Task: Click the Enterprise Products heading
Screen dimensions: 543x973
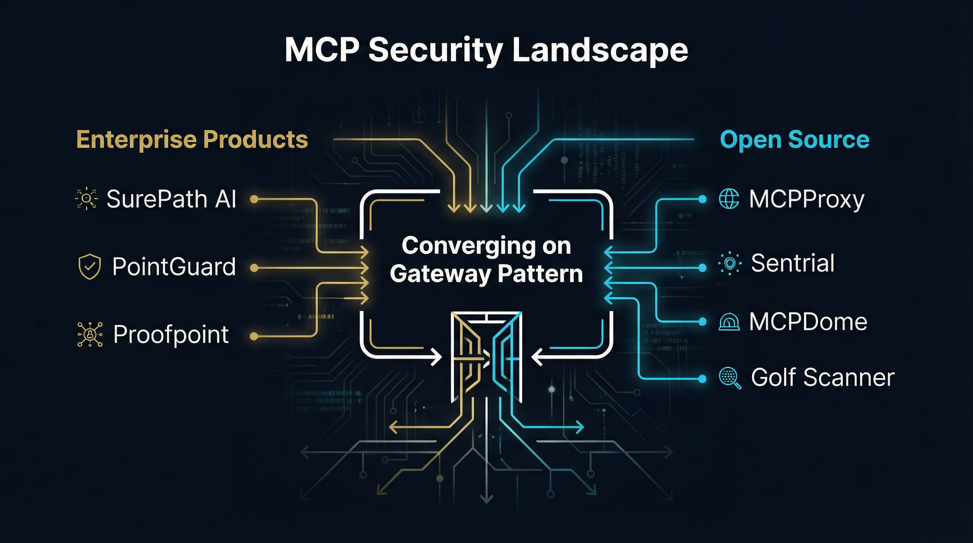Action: pos(192,140)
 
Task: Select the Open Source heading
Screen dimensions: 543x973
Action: pos(795,140)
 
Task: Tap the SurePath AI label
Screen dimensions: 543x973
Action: pos(171,199)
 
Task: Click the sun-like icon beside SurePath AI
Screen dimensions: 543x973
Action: pos(87,199)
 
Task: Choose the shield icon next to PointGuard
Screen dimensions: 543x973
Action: pos(89,267)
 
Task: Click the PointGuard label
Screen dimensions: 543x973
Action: pos(174,267)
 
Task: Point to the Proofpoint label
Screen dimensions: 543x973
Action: pos(171,334)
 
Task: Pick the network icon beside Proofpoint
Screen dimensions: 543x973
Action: pos(90,334)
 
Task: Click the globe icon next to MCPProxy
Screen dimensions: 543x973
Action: pos(729,199)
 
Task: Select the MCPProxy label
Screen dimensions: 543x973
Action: pos(806,199)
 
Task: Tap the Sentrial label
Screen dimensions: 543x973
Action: pos(792,263)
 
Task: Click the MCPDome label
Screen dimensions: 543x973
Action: pos(808,322)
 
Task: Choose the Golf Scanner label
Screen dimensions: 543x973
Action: pos(823,377)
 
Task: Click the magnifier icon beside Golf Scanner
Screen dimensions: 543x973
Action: pos(730,378)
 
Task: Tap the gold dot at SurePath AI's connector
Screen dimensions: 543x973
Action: pos(254,199)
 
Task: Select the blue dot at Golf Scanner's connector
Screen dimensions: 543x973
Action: pos(702,378)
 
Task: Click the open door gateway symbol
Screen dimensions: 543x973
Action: pos(486,357)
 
